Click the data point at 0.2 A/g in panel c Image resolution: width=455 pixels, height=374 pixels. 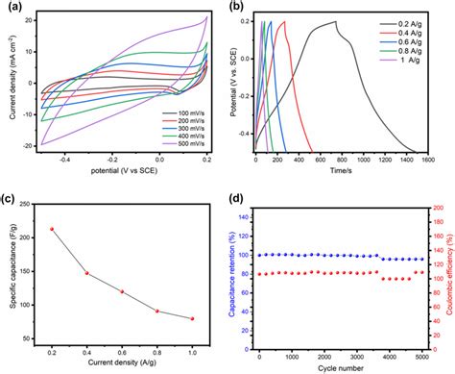(51, 229)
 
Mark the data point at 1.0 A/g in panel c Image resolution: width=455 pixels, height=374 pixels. (192, 318)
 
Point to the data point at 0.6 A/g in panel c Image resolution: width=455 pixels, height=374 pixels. (122, 291)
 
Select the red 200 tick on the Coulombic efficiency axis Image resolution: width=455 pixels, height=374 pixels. (434, 207)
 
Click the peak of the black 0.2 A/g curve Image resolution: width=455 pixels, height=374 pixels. (336, 21)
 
